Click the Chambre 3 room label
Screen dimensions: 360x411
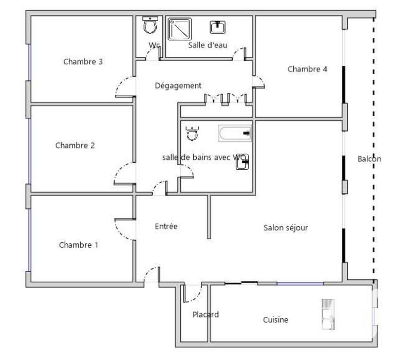pos(83,62)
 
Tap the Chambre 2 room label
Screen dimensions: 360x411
pos(75,146)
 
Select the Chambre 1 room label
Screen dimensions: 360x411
pos(78,245)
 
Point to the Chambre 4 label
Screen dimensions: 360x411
pos(307,69)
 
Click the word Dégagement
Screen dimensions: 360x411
pos(178,86)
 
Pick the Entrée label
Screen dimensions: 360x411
pos(166,226)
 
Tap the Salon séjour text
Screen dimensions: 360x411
pos(286,227)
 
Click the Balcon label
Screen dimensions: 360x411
pos(369,159)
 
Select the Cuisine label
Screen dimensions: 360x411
pos(275,319)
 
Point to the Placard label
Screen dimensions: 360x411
pos(206,314)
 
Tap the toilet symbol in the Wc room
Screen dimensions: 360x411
pos(150,24)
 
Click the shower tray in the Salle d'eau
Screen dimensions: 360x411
pos(180,29)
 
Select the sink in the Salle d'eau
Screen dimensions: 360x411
pos(217,26)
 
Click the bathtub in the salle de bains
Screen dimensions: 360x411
pos(235,133)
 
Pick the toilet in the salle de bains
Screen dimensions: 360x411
pos(192,133)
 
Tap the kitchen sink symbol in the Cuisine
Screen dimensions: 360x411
pos(328,314)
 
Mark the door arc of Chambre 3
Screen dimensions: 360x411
pos(124,86)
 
